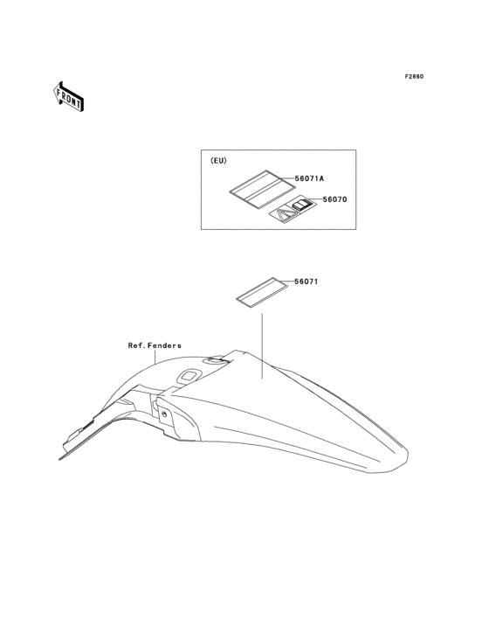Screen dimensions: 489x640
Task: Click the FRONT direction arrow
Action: point(68,97)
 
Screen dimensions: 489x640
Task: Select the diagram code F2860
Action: point(414,76)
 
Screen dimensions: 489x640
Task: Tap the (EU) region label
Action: point(218,161)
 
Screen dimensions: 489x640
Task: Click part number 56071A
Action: point(309,178)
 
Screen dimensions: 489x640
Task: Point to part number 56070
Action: point(334,199)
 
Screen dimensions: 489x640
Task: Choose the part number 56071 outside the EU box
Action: point(306,282)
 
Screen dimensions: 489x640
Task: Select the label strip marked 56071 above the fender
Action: point(262,291)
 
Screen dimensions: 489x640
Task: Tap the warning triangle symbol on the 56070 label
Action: point(285,215)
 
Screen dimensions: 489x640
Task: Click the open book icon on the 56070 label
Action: point(302,204)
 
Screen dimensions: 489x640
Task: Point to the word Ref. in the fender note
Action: point(136,345)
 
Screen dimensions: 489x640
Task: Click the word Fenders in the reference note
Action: point(165,345)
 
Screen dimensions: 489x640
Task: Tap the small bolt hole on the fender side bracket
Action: point(164,414)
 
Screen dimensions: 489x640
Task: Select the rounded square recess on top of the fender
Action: point(188,375)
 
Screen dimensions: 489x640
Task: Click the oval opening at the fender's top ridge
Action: point(216,359)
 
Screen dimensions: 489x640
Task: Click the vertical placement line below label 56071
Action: point(262,346)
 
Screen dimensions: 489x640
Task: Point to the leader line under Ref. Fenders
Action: point(155,357)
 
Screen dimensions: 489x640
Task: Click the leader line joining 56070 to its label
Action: point(317,199)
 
